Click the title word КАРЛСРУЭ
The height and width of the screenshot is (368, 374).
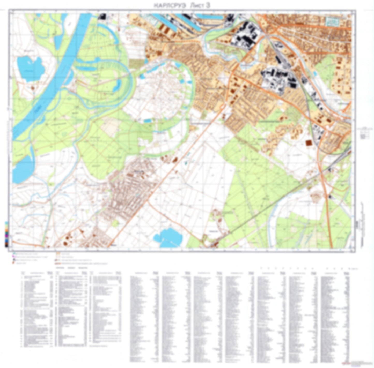click(170, 5)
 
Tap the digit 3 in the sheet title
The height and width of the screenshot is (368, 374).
click(208, 5)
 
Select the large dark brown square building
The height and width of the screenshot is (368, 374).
click(309, 143)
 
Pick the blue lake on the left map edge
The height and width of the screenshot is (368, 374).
click(22, 169)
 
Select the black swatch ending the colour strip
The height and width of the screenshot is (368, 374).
click(6, 245)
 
